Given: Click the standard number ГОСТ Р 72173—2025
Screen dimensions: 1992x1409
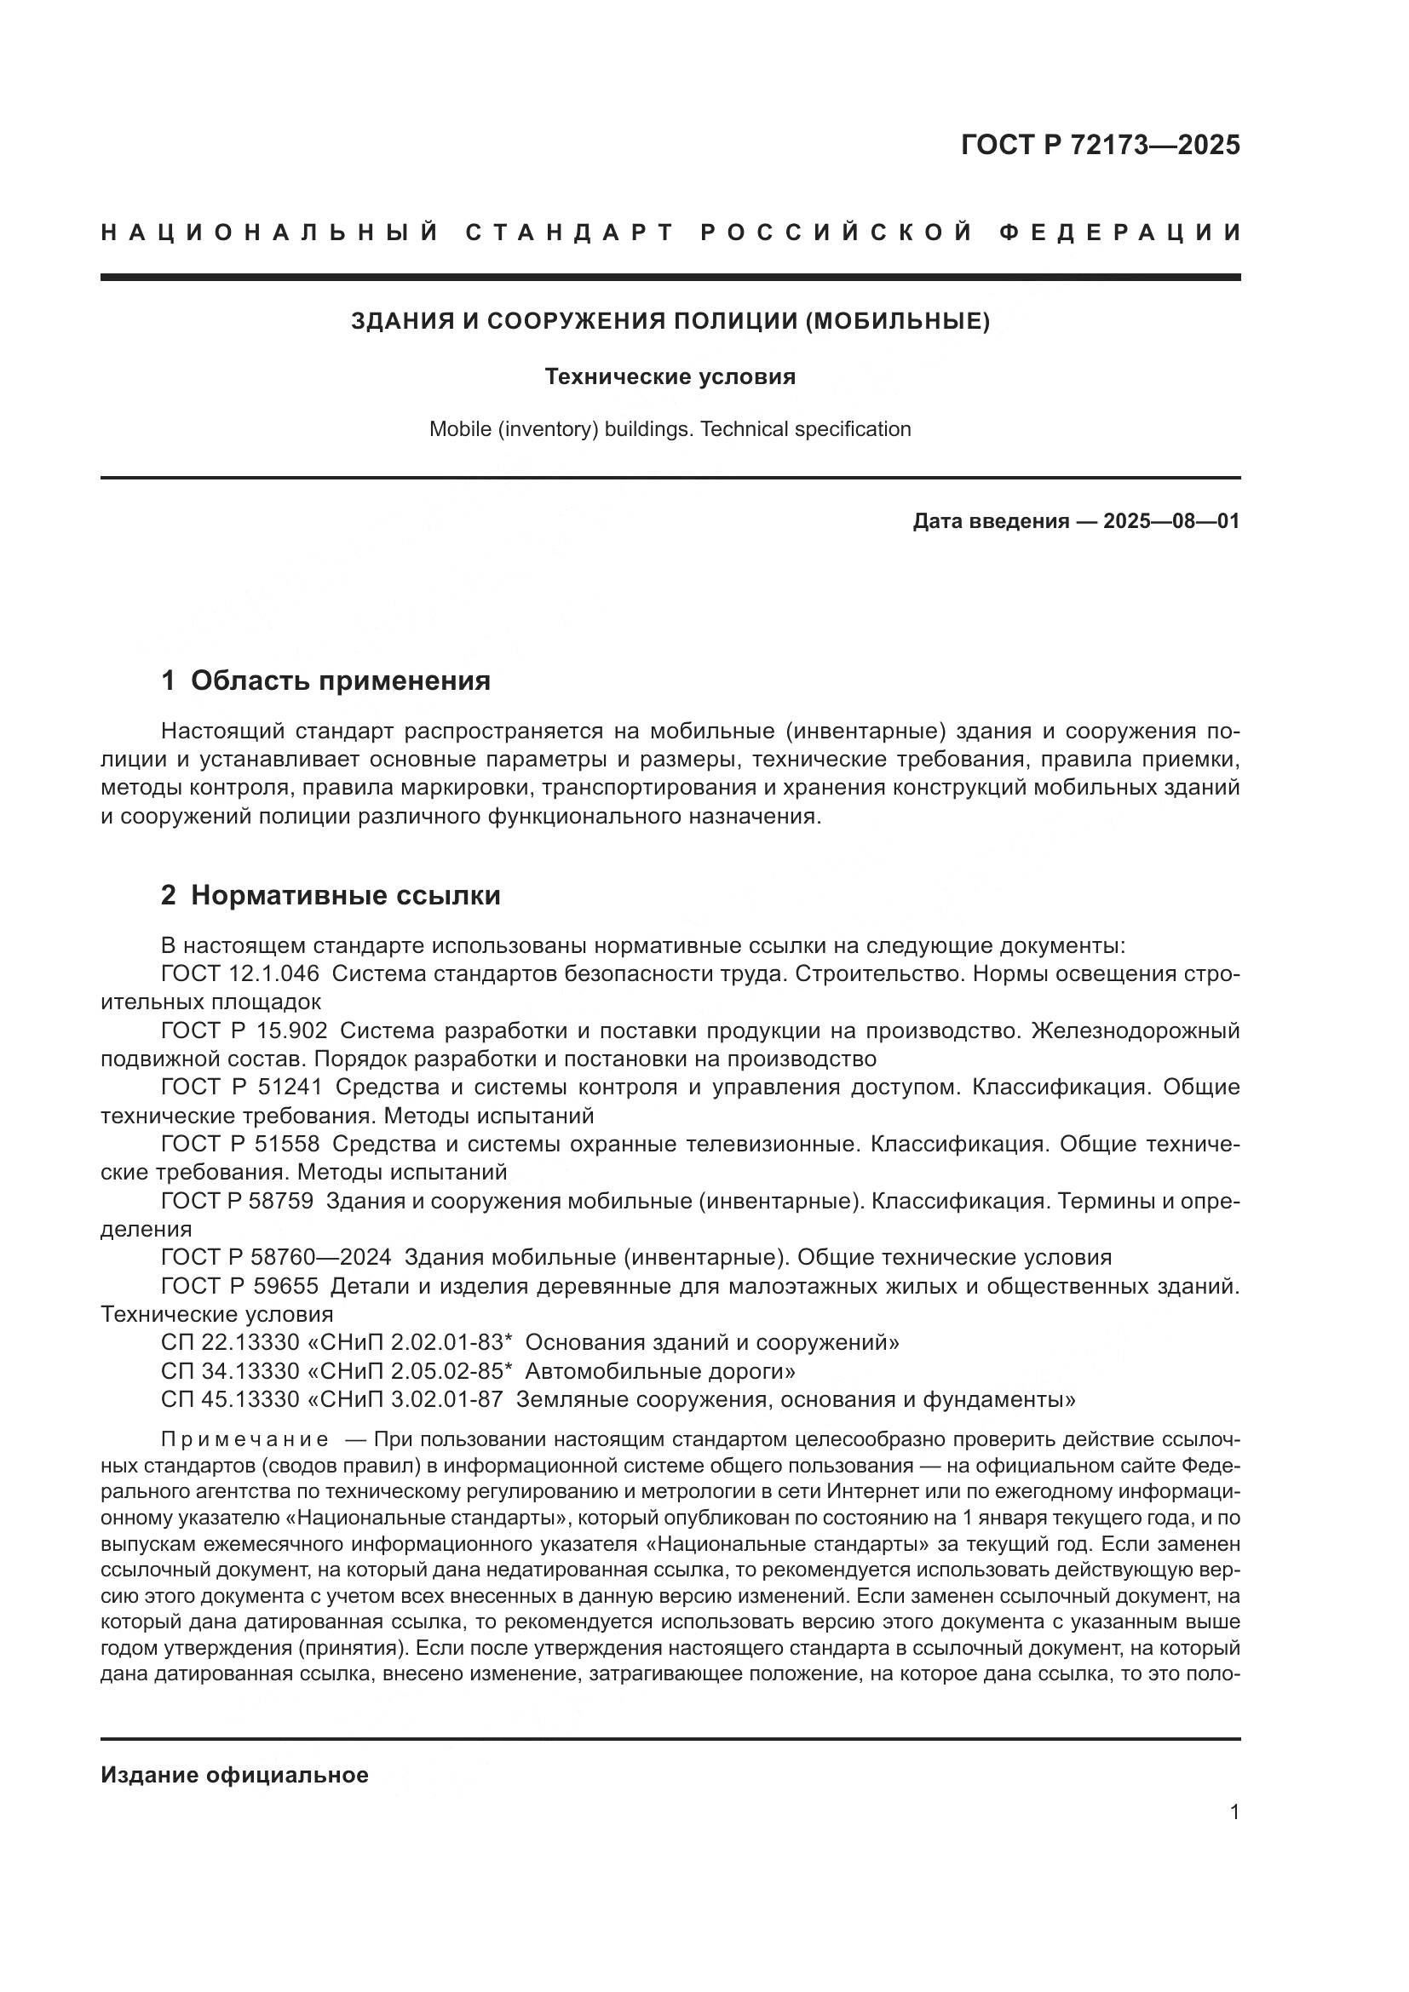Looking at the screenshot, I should [1099, 145].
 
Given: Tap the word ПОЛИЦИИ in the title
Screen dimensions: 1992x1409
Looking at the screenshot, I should [736, 321].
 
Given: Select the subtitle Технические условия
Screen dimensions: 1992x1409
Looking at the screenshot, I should [670, 376].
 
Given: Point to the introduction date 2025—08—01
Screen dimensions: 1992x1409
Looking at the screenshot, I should [1170, 521].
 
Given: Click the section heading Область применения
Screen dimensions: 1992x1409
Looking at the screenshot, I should [340, 680].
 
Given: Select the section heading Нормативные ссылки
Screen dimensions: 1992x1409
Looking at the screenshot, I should [345, 894].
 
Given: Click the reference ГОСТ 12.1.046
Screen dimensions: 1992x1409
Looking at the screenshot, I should [239, 973].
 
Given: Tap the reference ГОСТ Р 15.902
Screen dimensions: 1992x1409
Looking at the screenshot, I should [244, 1030].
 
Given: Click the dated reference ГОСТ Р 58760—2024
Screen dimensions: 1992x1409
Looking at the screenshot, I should [276, 1257].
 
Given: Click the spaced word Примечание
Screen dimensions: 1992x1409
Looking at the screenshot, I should [244, 1440].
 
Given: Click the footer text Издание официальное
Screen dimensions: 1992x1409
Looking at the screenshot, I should [234, 1775].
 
